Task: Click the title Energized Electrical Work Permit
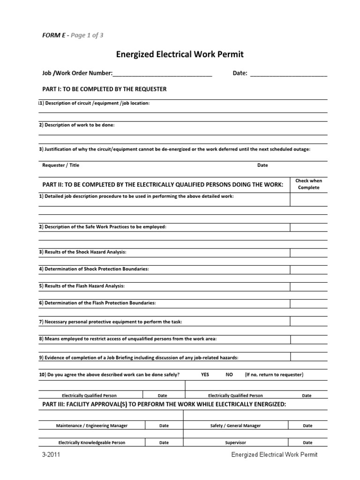[180, 55]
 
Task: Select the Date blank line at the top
[288, 75]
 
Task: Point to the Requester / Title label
[61, 165]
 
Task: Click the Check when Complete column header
[308, 184]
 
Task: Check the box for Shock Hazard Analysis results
[308, 253]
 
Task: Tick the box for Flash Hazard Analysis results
[308, 286]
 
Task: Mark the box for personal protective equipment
[308, 322]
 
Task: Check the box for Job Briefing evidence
[308, 358]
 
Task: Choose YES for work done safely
[205, 375]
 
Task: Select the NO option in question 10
[229, 375]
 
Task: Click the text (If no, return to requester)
[274, 375]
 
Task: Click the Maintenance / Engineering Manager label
[92, 426]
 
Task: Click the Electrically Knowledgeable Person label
[92, 442]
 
